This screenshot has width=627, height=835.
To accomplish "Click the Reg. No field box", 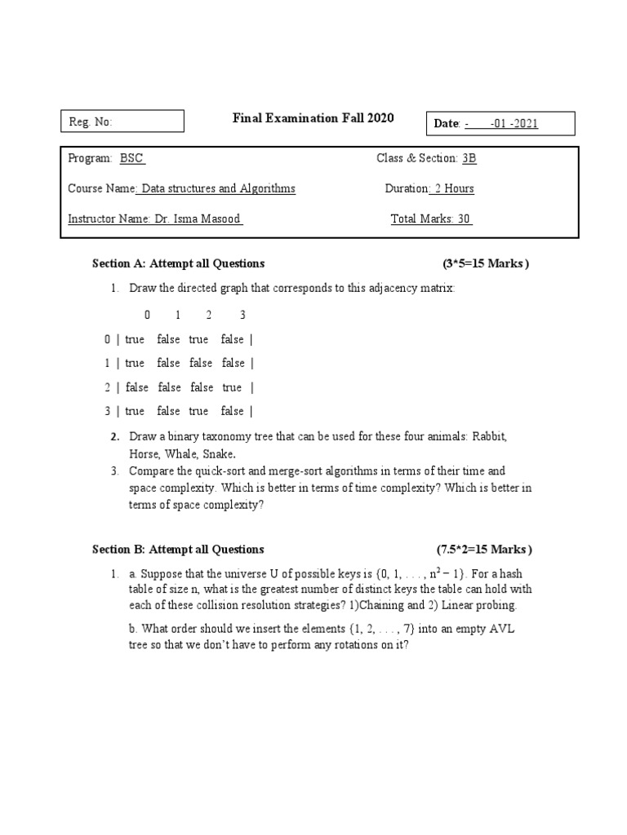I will [x=122, y=121].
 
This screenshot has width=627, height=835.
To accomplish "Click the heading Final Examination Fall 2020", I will [x=313, y=118].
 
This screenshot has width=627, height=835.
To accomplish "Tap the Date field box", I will [x=499, y=123].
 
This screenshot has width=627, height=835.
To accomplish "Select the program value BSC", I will [x=132, y=158].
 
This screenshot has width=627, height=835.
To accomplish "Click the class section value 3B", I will [x=469, y=158].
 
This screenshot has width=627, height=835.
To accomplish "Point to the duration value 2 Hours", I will [x=453, y=188].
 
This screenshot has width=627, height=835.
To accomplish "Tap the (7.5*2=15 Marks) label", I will [x=484, y=549].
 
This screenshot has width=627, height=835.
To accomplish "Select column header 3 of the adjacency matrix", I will [x=242, y=315].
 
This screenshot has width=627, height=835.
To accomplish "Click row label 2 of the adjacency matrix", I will [x=107, y=387].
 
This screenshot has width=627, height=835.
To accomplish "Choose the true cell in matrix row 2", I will [x=232, y=387].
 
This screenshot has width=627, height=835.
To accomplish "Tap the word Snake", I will [x=220, y=453].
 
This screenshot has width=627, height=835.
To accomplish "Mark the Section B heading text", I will [x=178, y=549].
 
